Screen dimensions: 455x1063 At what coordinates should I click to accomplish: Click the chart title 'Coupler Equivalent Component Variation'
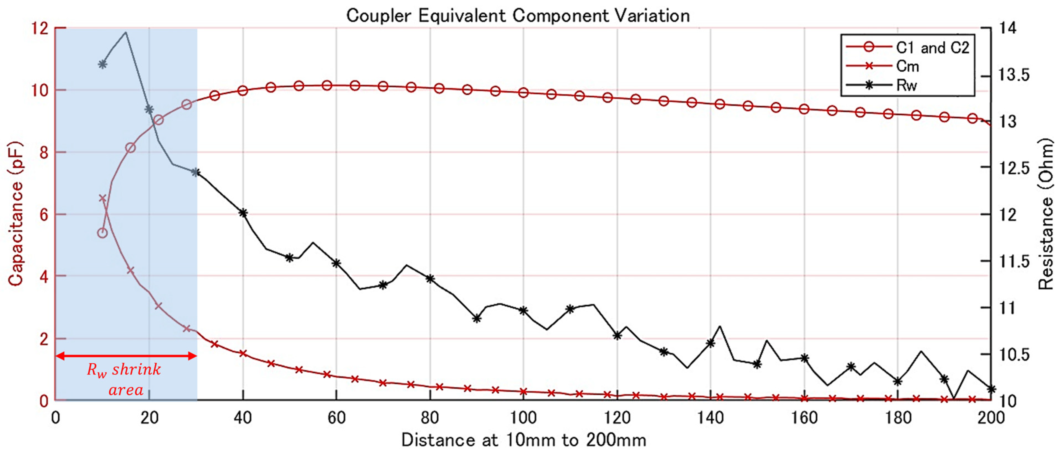click(518, 16)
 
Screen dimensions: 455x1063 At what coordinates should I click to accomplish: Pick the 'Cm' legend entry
click(907, 66)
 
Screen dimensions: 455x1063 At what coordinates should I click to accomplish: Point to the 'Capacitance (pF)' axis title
click(16, 214)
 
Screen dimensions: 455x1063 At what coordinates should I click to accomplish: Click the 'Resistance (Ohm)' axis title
click(1045, 214)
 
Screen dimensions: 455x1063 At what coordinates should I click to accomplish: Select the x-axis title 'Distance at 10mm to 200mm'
click(523, 440)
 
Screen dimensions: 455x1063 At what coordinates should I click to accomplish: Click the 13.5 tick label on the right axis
click(1013, 75)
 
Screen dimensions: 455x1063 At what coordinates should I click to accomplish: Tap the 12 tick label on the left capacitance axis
click(40, 29)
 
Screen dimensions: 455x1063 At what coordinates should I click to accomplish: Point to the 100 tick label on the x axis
click(523, 418)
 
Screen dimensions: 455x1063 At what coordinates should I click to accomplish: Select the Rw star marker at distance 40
click(243, 213)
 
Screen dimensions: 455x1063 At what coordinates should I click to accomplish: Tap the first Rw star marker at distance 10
click(102, 64)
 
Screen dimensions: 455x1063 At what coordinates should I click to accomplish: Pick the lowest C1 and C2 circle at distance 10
click(102, 233)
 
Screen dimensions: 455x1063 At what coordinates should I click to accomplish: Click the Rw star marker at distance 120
click(617, 336)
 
